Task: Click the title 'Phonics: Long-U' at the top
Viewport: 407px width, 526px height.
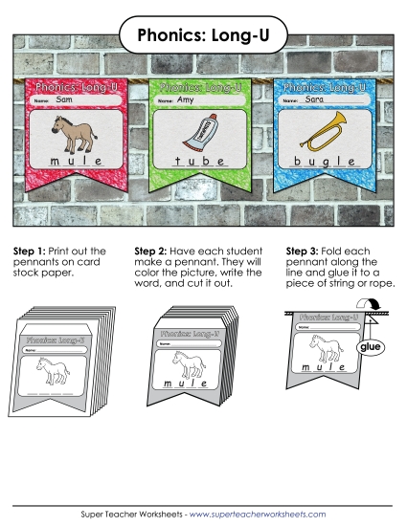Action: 203,36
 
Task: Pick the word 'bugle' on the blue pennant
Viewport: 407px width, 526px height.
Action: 323,164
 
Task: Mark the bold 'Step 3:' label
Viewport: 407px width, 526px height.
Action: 306,252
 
